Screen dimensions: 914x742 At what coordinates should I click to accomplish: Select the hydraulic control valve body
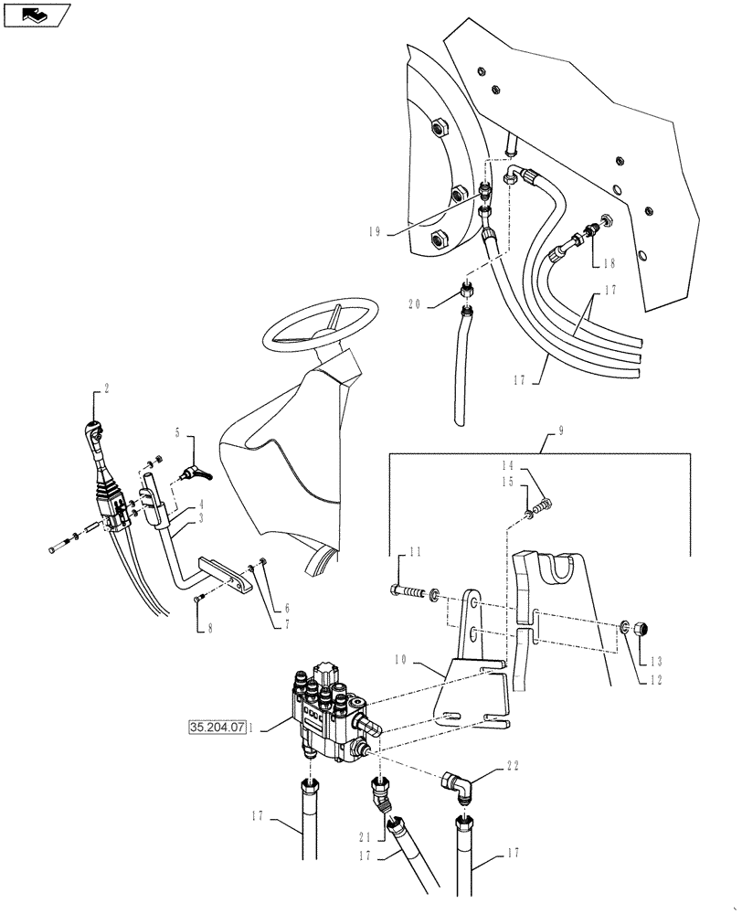pyautogui.click(x=329, y=713)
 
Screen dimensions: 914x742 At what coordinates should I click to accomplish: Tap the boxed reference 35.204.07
pyautogui.click(x=217, y=728)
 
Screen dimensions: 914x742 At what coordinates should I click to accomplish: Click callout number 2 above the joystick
pyautogui.click(x=107, y=388)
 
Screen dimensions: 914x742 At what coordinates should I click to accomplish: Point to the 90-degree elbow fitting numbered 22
pyautogui.click(x=458, y=783)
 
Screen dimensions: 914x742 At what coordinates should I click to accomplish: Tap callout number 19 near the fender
pyautogui.click(x=374, y=232)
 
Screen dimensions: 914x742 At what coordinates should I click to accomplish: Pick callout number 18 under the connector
pyautogui.click(x=608, y=263)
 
